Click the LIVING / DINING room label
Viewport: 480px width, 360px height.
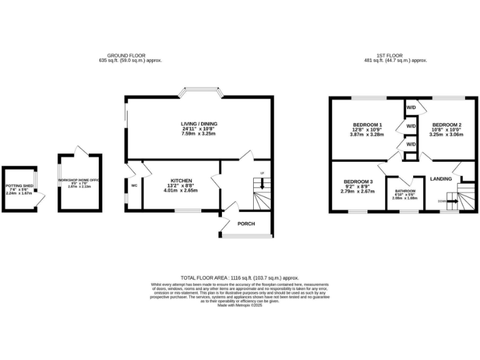click(199, 124)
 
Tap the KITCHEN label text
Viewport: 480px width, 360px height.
click(181, 181)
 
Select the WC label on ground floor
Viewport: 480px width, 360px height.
click(134, 186)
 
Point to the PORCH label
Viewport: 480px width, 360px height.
click(246, 222)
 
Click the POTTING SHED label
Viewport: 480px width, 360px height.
click(19, 186)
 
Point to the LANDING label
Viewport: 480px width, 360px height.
click(441, 179)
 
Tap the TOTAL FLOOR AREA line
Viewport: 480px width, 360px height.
click(240, 277)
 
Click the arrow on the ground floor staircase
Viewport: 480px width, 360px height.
click(262, 184)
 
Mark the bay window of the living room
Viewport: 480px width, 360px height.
click(199, 94)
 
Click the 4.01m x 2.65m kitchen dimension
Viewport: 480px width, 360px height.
click(181, 191)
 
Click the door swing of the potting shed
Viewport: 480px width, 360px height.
click(41, 199)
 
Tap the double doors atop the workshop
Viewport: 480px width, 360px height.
click(79, 151)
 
